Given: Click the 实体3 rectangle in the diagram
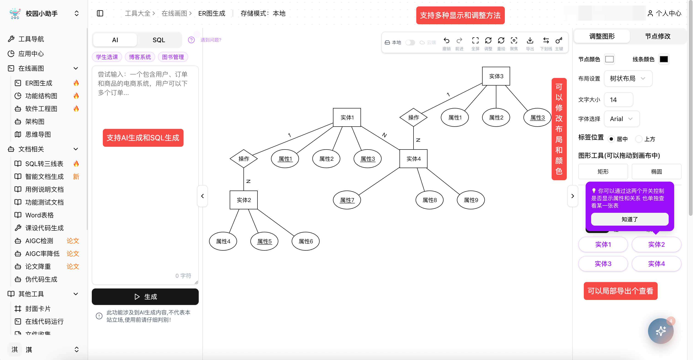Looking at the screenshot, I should pos(496,76).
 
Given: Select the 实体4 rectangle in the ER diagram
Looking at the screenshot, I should pos(413,159).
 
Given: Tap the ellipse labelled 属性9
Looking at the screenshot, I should pos(471,200).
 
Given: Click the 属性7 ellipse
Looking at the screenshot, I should pos(347,200).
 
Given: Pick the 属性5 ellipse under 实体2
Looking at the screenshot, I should pos(264,241).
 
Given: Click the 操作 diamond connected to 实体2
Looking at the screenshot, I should pos(243,159).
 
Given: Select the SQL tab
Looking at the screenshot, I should pos(159,40).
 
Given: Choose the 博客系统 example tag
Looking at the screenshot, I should pos(140,57).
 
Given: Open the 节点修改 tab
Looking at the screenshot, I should pos(657,36).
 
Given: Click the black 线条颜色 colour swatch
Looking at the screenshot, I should pos(663,59).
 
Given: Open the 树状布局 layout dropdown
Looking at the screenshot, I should pos(628,78).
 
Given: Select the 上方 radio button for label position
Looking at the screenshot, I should pos(639,139).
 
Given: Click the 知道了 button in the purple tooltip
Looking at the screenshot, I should pos(629,219).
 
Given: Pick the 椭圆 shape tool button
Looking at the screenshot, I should pos(656,172).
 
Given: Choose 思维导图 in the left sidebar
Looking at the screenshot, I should pos(38,134).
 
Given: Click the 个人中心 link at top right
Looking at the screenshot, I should pos(665,14).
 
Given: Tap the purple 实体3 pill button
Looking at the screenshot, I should pos(603,264).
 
